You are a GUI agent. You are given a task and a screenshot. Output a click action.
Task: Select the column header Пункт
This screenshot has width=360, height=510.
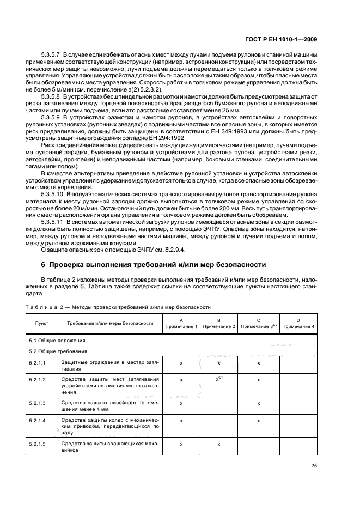41,323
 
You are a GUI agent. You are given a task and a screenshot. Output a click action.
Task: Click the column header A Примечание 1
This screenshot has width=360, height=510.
180,323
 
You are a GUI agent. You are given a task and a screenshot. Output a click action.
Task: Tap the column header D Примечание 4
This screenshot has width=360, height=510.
298,323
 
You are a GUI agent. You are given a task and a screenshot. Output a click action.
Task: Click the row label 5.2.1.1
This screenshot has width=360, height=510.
38,362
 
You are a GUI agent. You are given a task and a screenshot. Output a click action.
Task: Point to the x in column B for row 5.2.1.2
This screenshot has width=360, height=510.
219,379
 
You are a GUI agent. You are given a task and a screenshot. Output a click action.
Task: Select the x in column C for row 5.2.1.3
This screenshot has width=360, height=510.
259,403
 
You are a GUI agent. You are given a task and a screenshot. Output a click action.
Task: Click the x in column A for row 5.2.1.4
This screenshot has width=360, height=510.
180,421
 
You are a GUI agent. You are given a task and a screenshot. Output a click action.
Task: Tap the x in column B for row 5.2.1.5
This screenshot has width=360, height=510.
219,445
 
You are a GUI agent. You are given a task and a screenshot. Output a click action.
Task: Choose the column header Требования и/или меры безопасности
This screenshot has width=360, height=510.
110,323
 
